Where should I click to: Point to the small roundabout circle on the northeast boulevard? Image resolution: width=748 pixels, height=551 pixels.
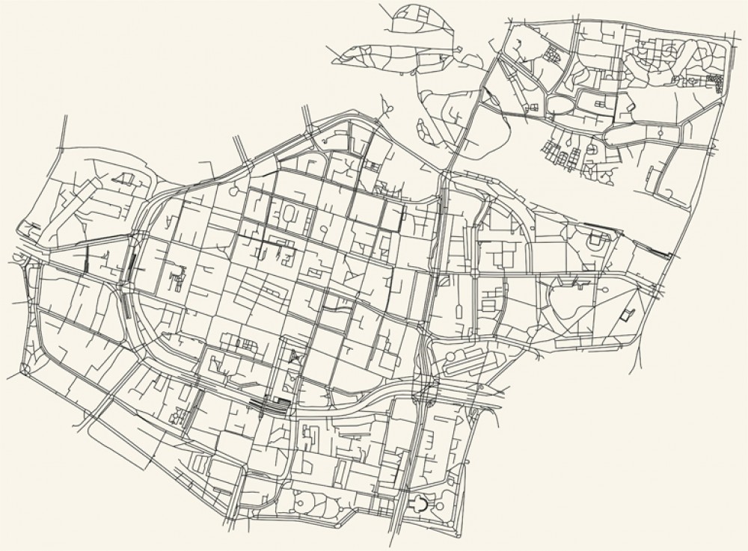pyautogui.click(x=661, y=133)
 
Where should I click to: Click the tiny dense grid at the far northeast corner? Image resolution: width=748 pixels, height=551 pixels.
pyautogui.click(x=715, y=82)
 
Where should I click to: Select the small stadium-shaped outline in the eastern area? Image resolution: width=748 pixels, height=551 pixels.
pyautogui.click(x=595, y=241)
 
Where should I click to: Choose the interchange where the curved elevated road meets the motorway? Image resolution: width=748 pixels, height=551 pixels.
pyautogui.click(x=423, y=389)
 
